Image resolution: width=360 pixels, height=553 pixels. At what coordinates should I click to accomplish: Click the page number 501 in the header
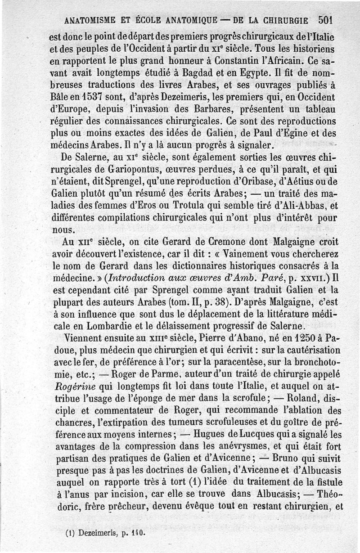pos(325,20)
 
